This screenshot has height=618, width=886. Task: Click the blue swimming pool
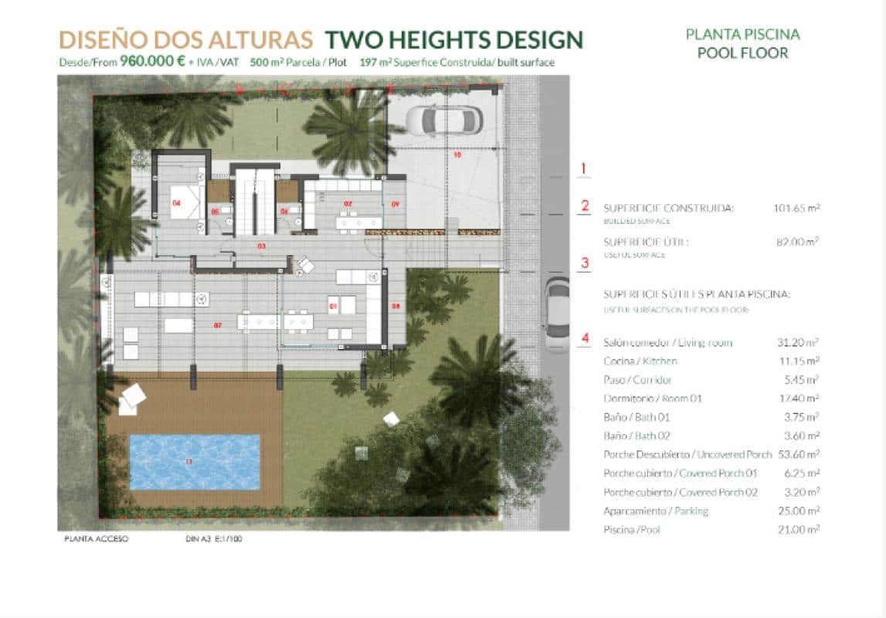(195, 461)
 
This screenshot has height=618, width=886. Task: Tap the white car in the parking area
(443, 119)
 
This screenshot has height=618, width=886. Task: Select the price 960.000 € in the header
(152, 62)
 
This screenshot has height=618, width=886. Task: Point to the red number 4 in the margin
(585, 338)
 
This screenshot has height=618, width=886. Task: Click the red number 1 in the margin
(584, 168)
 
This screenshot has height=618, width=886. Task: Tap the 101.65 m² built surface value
(796, 208)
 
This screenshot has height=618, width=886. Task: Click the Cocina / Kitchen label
(640, 361)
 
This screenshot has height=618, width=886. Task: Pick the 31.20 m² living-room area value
(799, 342)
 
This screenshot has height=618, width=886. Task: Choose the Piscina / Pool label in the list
(632, 529)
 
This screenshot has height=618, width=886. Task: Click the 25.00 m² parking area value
(799, 511)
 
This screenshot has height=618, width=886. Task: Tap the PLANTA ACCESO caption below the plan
(96, 539)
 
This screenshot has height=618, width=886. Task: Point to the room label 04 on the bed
(177, 203)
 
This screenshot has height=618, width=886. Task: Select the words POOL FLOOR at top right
(742, 53)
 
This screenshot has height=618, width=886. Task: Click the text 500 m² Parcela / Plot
(298, 63)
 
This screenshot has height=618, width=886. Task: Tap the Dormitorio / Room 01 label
(653, 399)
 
